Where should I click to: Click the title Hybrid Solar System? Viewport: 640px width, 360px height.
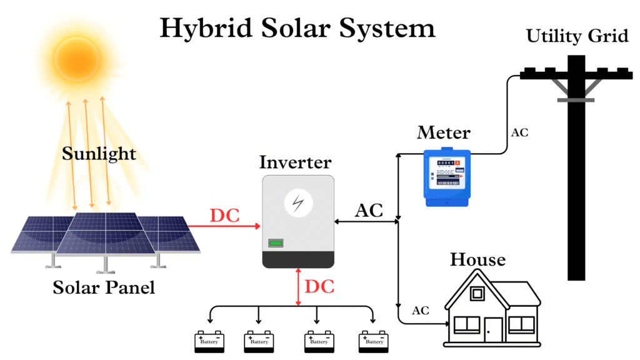point(297,29)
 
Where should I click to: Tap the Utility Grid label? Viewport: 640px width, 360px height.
point(576,36)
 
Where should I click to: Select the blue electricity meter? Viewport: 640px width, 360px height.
point(445,176)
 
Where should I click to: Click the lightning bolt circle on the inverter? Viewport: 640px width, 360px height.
point(296,203)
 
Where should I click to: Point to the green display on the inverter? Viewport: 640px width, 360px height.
point(276,243)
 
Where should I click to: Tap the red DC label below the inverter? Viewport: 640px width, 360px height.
point(319,287)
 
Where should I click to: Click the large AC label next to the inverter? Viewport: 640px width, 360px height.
point(369,211)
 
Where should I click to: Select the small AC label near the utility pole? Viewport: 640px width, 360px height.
point(520,132)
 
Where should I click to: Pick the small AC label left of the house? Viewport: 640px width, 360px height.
point(421,311)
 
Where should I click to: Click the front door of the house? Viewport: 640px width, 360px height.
point(494,330)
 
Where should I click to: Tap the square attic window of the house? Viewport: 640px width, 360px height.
point(477,292)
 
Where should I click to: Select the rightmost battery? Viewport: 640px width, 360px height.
point(374,341)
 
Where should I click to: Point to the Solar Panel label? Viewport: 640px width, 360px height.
point(103,288)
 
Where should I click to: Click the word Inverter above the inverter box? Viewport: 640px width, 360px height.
point(295,162)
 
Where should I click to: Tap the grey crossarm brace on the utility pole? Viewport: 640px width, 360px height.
point(575,97)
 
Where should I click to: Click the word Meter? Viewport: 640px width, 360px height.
point(444,132)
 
